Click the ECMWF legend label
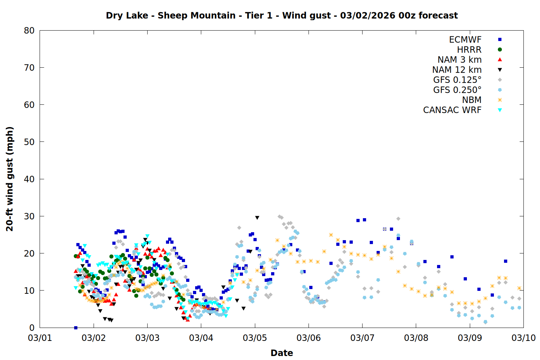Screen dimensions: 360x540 point(465,40)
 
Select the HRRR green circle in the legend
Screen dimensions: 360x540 point(500,50)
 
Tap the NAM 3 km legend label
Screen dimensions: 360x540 point(459,60)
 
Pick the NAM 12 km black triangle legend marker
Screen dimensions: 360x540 point(500,70)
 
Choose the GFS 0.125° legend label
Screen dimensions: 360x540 point(457,80)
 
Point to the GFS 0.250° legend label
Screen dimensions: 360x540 point(457,90)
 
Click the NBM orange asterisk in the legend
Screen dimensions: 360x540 point(500,100)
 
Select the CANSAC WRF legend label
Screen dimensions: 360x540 point(452,110)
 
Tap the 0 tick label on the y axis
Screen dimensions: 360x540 point(32,328)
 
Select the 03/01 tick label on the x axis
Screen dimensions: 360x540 point(40,338)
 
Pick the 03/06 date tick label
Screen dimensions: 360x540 point(309,338)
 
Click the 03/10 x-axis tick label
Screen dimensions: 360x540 point(523,338)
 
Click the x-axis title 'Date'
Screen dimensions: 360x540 point(282,353)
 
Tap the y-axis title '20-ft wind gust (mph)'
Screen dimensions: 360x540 point(10,179)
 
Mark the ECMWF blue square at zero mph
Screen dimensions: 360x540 point(76,328)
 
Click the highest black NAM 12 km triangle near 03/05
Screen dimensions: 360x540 point(257,218)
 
